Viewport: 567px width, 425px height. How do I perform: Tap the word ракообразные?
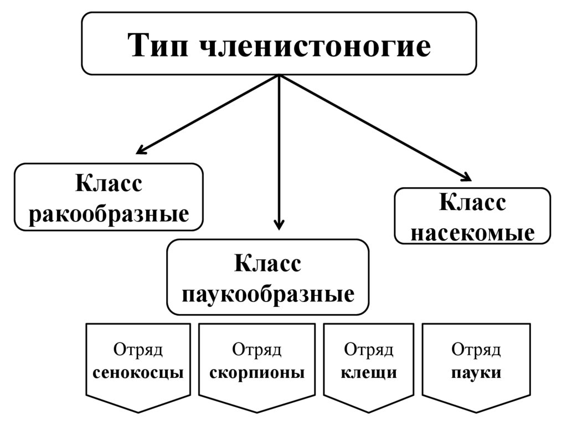(x=109, y=213)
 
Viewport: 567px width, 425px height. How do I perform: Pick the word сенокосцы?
(x=138, y=372)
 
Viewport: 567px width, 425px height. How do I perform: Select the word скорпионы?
(x=257, y=372)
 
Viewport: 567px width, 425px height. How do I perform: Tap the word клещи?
(x=369, y=372)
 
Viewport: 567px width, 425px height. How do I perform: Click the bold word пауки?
(x=476, y=372)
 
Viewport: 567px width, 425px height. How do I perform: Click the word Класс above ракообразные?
(x=109, y=183)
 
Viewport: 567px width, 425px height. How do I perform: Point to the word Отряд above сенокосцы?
(x=138, y=350)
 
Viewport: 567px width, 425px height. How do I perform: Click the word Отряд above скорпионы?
(x=257, y=350)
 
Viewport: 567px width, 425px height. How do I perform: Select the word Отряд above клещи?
(x=369, y=350)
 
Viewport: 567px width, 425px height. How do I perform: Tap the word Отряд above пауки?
(x=476, y=350)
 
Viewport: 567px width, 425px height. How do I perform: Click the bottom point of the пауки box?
(x=476, y=412)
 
